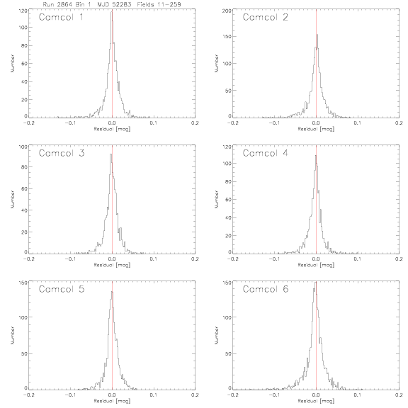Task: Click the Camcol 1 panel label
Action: click(x=61, y=17)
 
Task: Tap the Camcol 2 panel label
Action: click(x=265, y=17)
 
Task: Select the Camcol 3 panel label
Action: click(x=62, y=153)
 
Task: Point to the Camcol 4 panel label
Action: click(x=265, y=153)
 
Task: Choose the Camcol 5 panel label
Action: click(x=62, y=289)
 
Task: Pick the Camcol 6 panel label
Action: click(x=266, y=289)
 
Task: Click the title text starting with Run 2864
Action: click(x=112, y=4)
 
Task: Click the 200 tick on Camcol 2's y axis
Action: click(x=227, y=11)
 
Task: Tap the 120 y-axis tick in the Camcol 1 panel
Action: click(x=23, y=11)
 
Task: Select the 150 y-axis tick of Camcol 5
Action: click(x=23, y=283)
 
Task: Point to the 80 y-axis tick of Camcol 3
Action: click(x=24, y=166)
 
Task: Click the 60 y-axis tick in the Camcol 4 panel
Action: click(x=228, y=200)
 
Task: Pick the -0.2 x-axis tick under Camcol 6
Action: click(x=232, y=395)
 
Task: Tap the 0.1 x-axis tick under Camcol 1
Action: click(x=154, y=123)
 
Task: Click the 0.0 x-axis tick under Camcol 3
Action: click(x=112, y=259)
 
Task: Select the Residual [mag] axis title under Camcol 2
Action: click(x=316, y=129)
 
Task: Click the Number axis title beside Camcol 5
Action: click(x=12, y=336)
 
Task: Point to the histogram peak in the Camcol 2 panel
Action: click(x=317, y=35)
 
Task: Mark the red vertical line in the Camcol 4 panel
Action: click(x=316, y=199)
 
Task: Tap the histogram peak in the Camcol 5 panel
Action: click(x=112, y=292)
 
